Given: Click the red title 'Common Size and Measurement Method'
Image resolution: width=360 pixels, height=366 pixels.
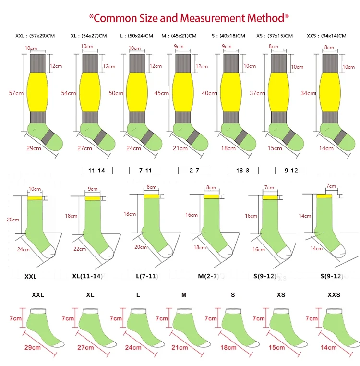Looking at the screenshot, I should (189, 18).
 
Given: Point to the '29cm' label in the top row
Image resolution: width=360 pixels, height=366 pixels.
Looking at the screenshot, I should (34, 148).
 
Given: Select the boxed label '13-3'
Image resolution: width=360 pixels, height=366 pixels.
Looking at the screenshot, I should (242, 170).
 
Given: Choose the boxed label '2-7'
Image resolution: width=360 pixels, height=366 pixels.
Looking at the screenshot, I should (193, 170).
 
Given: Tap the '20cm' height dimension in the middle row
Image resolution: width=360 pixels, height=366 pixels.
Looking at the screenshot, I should (12, 220).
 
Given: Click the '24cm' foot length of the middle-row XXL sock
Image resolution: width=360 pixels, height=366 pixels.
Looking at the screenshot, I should (24, 249).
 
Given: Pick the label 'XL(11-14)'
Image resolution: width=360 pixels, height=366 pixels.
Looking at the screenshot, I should (86, 276).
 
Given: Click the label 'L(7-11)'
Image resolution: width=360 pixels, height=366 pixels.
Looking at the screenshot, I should (147, 276).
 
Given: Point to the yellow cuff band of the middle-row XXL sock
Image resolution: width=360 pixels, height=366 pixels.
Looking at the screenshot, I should (35, 197).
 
